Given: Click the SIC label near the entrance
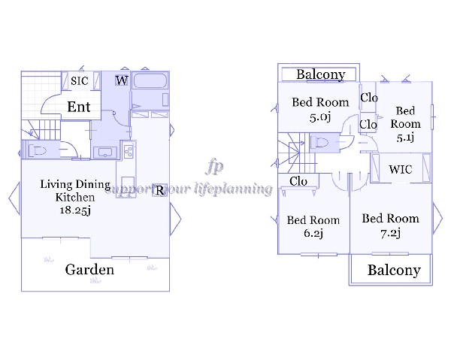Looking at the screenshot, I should tap(80, 81).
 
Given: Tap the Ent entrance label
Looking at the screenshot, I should tap(79, 107).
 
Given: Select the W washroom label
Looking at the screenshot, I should tap(121, 81).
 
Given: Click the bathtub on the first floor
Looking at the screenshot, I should tap(150, 91).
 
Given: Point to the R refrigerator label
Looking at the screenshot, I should tap(159, 190).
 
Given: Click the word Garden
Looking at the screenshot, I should tap(89, 270).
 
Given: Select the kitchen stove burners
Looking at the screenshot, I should tap(127, 152).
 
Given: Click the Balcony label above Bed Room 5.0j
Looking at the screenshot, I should tap(320, 74).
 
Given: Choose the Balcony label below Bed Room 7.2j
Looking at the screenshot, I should tap(393, 271).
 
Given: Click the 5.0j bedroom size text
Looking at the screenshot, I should tap(320, 116).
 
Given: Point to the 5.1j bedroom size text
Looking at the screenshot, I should tap(406, 138).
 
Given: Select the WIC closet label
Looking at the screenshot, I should tap(400, 170).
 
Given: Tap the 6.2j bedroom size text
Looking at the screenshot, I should tap(313, 234).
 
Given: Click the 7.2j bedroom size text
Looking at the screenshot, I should tap(389, 233).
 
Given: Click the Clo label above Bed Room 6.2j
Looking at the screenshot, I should tap(298, 181).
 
